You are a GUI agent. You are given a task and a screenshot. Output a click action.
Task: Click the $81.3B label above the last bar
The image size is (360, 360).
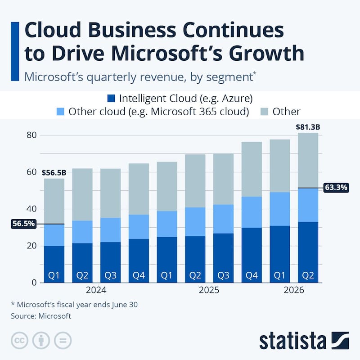pyautogui.click(x=308, y=127)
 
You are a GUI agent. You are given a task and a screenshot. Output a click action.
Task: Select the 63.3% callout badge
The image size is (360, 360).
pyautogui.click(x=335, y=188)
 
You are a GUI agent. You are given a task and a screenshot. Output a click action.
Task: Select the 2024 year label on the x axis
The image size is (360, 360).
pyautogui.click(x=96, y=291)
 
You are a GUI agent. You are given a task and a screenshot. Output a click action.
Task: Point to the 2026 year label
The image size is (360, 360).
pyautogui.click(x=293, y=291)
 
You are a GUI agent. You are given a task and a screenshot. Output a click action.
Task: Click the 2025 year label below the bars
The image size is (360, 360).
pyautogui.click(x=209, y=291)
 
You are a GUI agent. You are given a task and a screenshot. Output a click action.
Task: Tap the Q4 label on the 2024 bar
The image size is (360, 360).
pyautogui.click(x=138, y=274)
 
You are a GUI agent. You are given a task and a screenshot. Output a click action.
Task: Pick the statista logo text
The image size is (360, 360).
pyautogui.click(x=292, y=341)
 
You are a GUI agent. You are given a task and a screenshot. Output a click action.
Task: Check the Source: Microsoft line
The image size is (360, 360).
pyautogui.click(x=41, y=316)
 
